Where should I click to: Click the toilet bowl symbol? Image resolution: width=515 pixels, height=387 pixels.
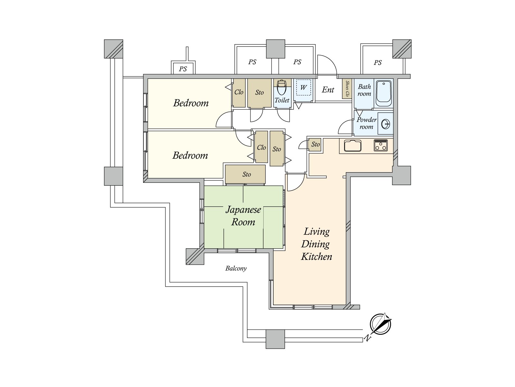pos(281,87)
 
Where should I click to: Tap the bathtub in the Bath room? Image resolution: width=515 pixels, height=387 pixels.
pos(384,94)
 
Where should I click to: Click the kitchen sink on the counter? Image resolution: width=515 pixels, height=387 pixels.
pos(352,145)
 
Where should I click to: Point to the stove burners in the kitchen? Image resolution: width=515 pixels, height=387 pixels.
pos(380,145)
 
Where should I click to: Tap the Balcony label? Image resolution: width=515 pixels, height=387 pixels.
pos(236,268)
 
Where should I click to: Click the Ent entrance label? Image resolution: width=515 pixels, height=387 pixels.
pos(328,90)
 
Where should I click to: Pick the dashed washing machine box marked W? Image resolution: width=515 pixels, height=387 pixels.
pos(304,87)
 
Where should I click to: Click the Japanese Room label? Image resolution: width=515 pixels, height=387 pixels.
pos(243,216)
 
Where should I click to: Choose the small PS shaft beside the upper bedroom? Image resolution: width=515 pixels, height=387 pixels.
pos(183,68)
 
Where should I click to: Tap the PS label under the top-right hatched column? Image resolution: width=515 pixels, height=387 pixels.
pos(378,63)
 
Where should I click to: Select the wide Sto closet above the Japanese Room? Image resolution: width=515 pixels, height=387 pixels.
pos(245,174)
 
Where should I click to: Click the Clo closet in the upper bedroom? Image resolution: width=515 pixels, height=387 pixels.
pos(239,93)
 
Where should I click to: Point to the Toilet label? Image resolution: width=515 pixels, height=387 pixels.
pos(282,100)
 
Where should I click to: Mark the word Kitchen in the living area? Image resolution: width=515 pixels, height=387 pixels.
pos(316,256)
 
